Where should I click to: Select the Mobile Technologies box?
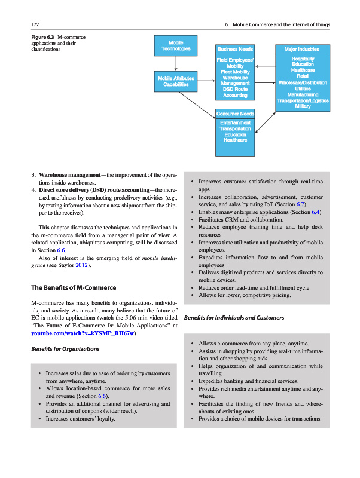click(176, 46)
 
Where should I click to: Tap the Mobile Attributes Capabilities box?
click(176, 81)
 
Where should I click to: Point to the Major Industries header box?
click(302, 49)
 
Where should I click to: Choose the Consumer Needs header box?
click(236, 114)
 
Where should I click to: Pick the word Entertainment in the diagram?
click(236, 122)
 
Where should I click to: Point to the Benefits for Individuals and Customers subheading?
click(235, 318)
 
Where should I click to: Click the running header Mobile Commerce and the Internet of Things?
click(281, 24)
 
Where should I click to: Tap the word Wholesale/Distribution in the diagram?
click(302, 82)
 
